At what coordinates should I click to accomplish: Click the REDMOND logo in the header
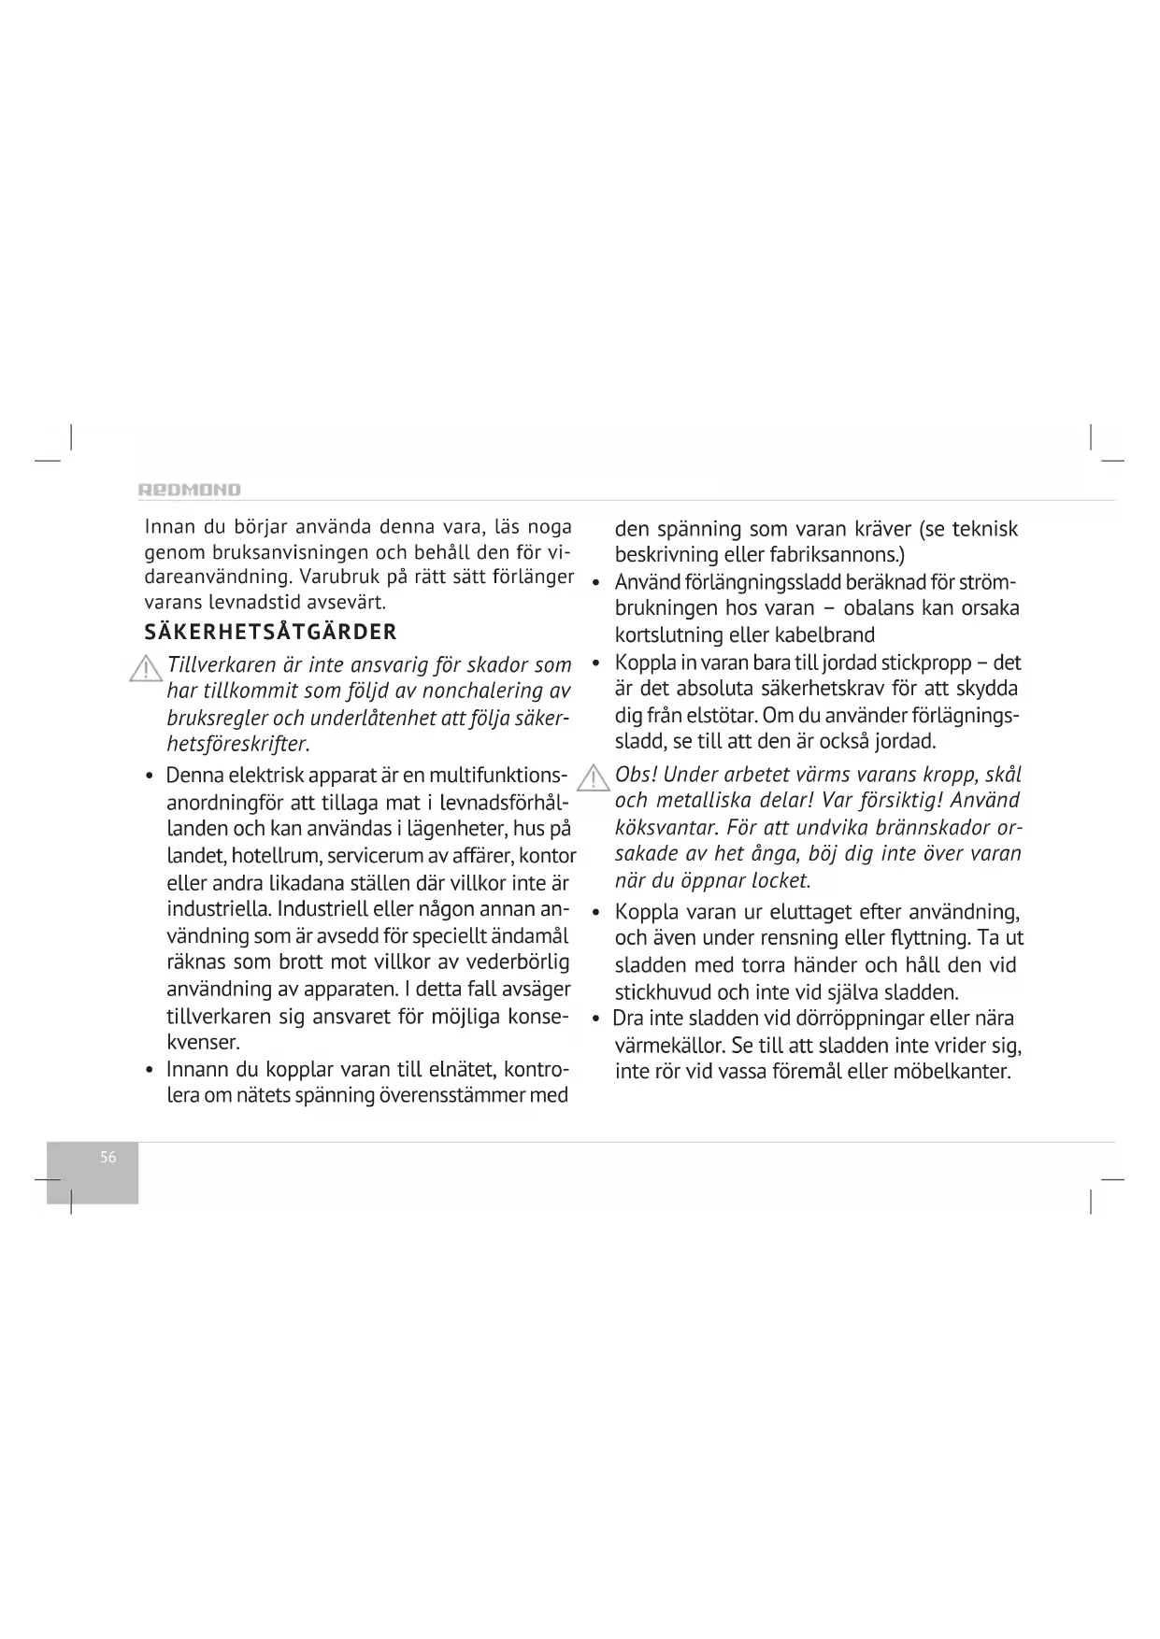coord(190,490)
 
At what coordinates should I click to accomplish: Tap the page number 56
coord(108,1157)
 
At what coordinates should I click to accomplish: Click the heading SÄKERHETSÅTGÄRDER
coord(271,632)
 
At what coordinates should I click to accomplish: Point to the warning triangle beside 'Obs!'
coord(594,778)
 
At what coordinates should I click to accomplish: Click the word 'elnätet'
coord(459,1069)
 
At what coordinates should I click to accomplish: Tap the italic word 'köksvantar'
coord(666,829)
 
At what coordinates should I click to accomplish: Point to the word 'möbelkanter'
coord(952,1071)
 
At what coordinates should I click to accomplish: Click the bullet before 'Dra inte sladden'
coord(595,1019)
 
